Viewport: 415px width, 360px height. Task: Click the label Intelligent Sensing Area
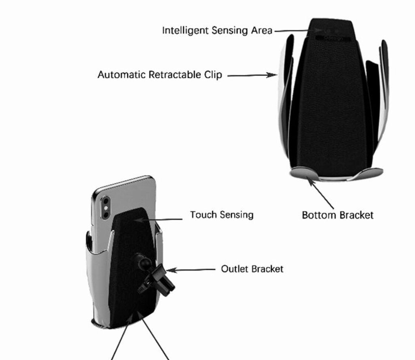tap(217, 30)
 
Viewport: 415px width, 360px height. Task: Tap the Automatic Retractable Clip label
tap(160, 75)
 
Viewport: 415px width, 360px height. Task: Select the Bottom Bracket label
tap(337, 215)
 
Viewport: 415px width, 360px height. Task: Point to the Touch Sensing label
tap(222, 214)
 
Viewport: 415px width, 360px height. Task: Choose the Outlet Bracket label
tap(252, 269)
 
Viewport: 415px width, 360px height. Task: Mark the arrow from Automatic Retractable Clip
tap(251, 75)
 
